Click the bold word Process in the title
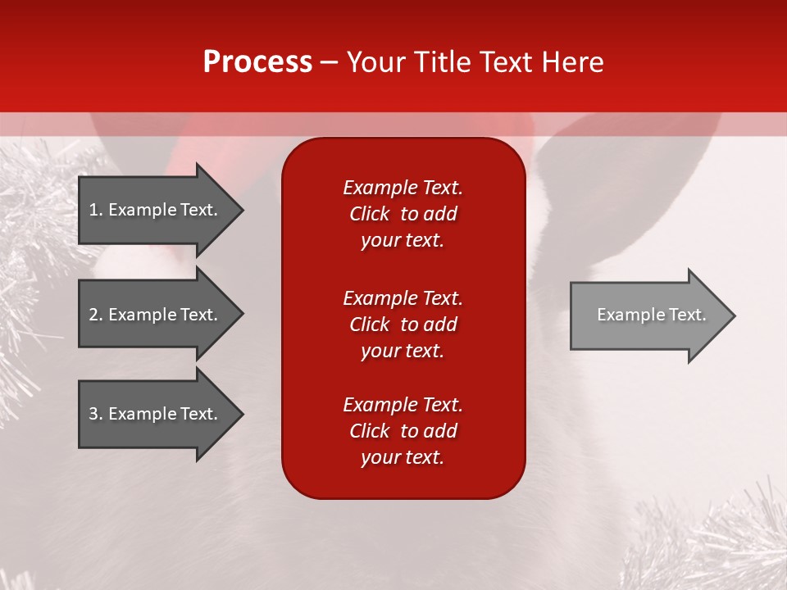coord(257,62)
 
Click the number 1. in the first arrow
coord(96,210)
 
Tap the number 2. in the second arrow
coord(96,315)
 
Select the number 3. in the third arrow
coord(96,414)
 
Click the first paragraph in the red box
coord(403,214)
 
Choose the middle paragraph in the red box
coord(403,324)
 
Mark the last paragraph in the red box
coord(403,431)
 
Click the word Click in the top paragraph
coord(369,215)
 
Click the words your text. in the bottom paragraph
coord(403,457)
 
